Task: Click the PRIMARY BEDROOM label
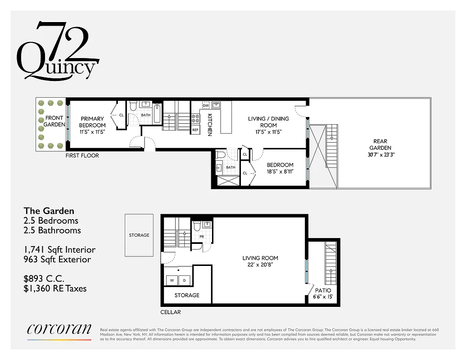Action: coord(92,122)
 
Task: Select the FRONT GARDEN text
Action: coord(54,121)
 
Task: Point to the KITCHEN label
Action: coord(209,124)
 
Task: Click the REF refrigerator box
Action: coord(195,130)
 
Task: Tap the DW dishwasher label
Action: coord(205,105)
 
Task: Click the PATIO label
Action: coord(323,291)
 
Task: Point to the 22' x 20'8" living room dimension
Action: coord(260,265)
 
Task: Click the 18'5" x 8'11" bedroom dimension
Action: coord(280,171)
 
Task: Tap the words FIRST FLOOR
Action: coord(82,156)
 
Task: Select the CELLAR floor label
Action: coord(171,312)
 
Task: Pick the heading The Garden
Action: coord(49,211)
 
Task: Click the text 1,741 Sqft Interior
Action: coord(59,250)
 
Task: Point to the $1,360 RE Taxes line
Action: coord(55,288)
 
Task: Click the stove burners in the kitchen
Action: coord(196,118)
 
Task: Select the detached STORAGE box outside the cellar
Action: coord(139,235)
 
